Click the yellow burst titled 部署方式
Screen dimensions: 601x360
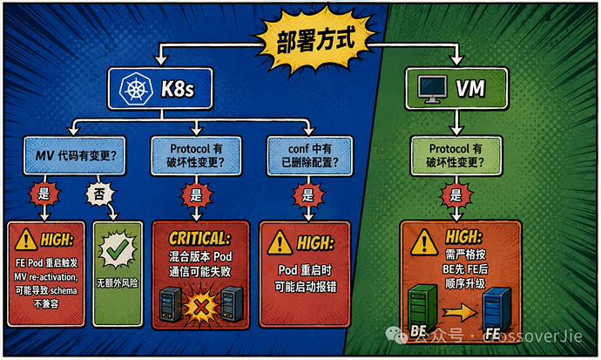point(315,39)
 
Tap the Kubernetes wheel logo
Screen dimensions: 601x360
point(135,89)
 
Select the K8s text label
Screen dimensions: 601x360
point(178,89)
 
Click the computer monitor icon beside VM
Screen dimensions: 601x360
point(432,89)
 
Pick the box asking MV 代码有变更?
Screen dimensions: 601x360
point(74,156)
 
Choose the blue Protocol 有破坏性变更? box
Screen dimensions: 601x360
point(196,156)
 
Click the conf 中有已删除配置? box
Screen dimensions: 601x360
point(310,156)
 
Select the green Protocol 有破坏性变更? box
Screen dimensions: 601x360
point(456,156)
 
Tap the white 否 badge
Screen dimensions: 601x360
point(99,194)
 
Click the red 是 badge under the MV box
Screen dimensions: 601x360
point(44,194)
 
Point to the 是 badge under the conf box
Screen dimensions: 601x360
point(308,195)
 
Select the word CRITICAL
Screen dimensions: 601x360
point(199,239)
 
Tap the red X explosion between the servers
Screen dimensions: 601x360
point(201,307)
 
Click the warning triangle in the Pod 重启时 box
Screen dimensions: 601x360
point(280,242)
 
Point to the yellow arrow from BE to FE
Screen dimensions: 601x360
point(460,312)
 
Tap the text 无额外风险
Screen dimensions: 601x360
point(117,283)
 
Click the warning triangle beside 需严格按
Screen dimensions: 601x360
point(424,242)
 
